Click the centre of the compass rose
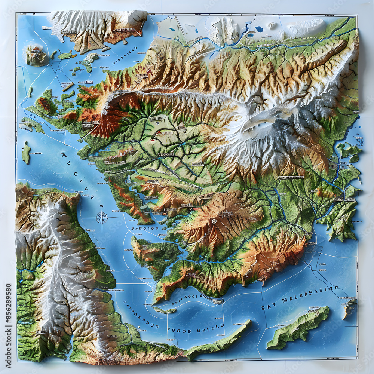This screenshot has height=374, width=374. tap(102, 217)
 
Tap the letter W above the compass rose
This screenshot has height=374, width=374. tap(102, 206)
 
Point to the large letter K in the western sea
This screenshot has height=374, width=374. tap(64, 154)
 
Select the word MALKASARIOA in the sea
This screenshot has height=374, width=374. tap(310, 295)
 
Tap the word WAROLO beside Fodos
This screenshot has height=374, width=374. tap(211, 327)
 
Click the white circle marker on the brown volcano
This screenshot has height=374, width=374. tap(214, 221)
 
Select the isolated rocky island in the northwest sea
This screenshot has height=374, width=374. tap(36, 55)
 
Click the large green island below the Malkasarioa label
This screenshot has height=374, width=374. tap(298, 327)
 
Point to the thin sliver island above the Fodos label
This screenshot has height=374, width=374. tap(164, 310)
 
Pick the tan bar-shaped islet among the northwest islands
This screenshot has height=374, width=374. tap(68, 87)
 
